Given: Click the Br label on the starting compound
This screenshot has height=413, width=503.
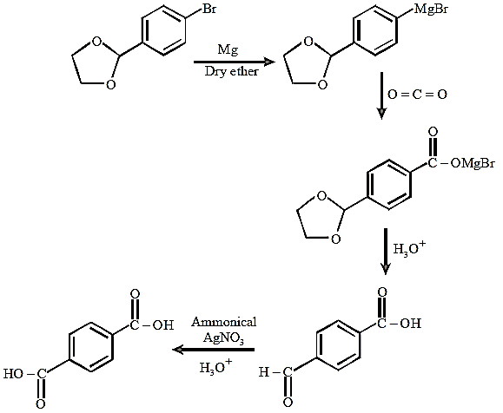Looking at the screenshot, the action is pos(209,9).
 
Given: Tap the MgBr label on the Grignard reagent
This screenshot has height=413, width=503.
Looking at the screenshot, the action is pos(431,10).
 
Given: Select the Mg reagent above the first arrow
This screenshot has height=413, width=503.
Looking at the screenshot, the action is pos(228,49).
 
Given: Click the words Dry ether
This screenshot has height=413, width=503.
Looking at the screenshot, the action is pos(231,71).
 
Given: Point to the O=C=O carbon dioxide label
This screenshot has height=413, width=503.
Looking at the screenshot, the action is pos(417,95).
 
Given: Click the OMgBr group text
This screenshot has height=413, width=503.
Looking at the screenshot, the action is pos(473,163).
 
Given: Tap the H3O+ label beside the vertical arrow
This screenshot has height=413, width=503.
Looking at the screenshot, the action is pos(409,247).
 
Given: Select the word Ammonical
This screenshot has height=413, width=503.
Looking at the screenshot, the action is pos(224,322).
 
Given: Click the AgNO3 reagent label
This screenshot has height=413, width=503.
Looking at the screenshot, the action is pos(223,338).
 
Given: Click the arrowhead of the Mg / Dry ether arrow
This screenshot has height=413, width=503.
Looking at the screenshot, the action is pos(269,62).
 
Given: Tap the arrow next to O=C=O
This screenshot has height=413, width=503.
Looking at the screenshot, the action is pos(381,95).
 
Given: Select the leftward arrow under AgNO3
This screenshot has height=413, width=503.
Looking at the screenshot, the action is pos(214,350).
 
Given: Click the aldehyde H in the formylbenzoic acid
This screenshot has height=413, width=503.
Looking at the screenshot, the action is pos(264,372).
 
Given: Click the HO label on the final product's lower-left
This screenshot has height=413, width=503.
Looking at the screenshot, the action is pos(14,374).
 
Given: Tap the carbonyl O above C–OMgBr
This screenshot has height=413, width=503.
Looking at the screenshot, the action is pos(433,132).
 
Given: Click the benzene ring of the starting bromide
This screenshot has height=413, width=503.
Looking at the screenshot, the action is pos(163,30).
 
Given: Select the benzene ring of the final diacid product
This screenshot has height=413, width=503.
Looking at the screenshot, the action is pos(91,347).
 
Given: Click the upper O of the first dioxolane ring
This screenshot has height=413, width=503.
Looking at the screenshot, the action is pos(96,42).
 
